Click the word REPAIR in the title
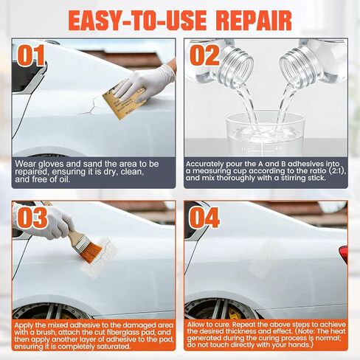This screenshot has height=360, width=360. (x=254, y=21)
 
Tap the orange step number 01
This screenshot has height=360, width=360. (x=31, y=55)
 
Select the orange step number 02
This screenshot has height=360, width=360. (x=204, y=55)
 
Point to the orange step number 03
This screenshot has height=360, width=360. (x=32, y=218)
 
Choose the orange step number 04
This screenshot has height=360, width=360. (x=204, y=218)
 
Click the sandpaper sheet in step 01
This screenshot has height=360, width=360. (x=123, y=102)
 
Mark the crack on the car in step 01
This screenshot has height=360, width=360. (x=90, y=108)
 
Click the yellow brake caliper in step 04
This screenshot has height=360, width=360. (x=234, y=314)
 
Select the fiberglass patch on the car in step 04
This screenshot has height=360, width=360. (x=267, y=257)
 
